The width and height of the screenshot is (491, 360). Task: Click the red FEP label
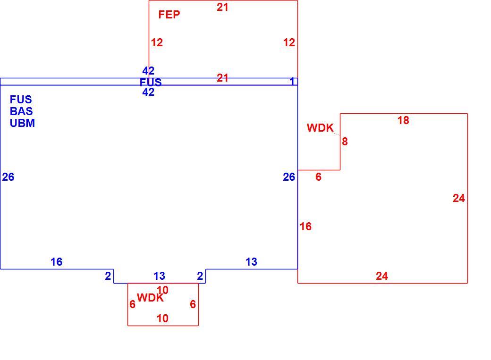point(169,15)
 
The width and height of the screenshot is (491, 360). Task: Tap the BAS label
point(21,111)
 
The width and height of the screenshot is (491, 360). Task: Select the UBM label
point(22,123)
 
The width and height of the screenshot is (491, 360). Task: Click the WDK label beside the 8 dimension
point(320,128)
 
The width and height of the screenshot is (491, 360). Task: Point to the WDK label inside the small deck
point(150,298)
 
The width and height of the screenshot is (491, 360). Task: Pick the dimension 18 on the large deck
point(403,120)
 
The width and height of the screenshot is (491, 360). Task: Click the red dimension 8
point(345,142)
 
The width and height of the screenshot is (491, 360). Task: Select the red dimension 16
point(305,226)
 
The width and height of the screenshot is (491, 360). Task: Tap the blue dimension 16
point(56,262)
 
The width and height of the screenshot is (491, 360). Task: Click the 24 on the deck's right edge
point(459,198)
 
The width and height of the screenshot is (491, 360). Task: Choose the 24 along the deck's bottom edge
point(382,276)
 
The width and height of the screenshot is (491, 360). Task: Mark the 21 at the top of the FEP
point(223,7)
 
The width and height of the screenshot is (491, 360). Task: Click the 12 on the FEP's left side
point(157,42)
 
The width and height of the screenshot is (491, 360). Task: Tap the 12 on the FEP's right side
point(289,42)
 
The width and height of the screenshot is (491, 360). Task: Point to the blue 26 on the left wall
point(8,177)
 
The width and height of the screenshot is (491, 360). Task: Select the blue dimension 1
point(292,82)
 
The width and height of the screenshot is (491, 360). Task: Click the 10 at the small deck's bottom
point(162,318)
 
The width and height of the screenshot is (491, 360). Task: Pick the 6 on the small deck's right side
point(193,304)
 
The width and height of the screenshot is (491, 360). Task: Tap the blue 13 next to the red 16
point(252,262)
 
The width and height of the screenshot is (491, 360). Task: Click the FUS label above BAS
point(21,100)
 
